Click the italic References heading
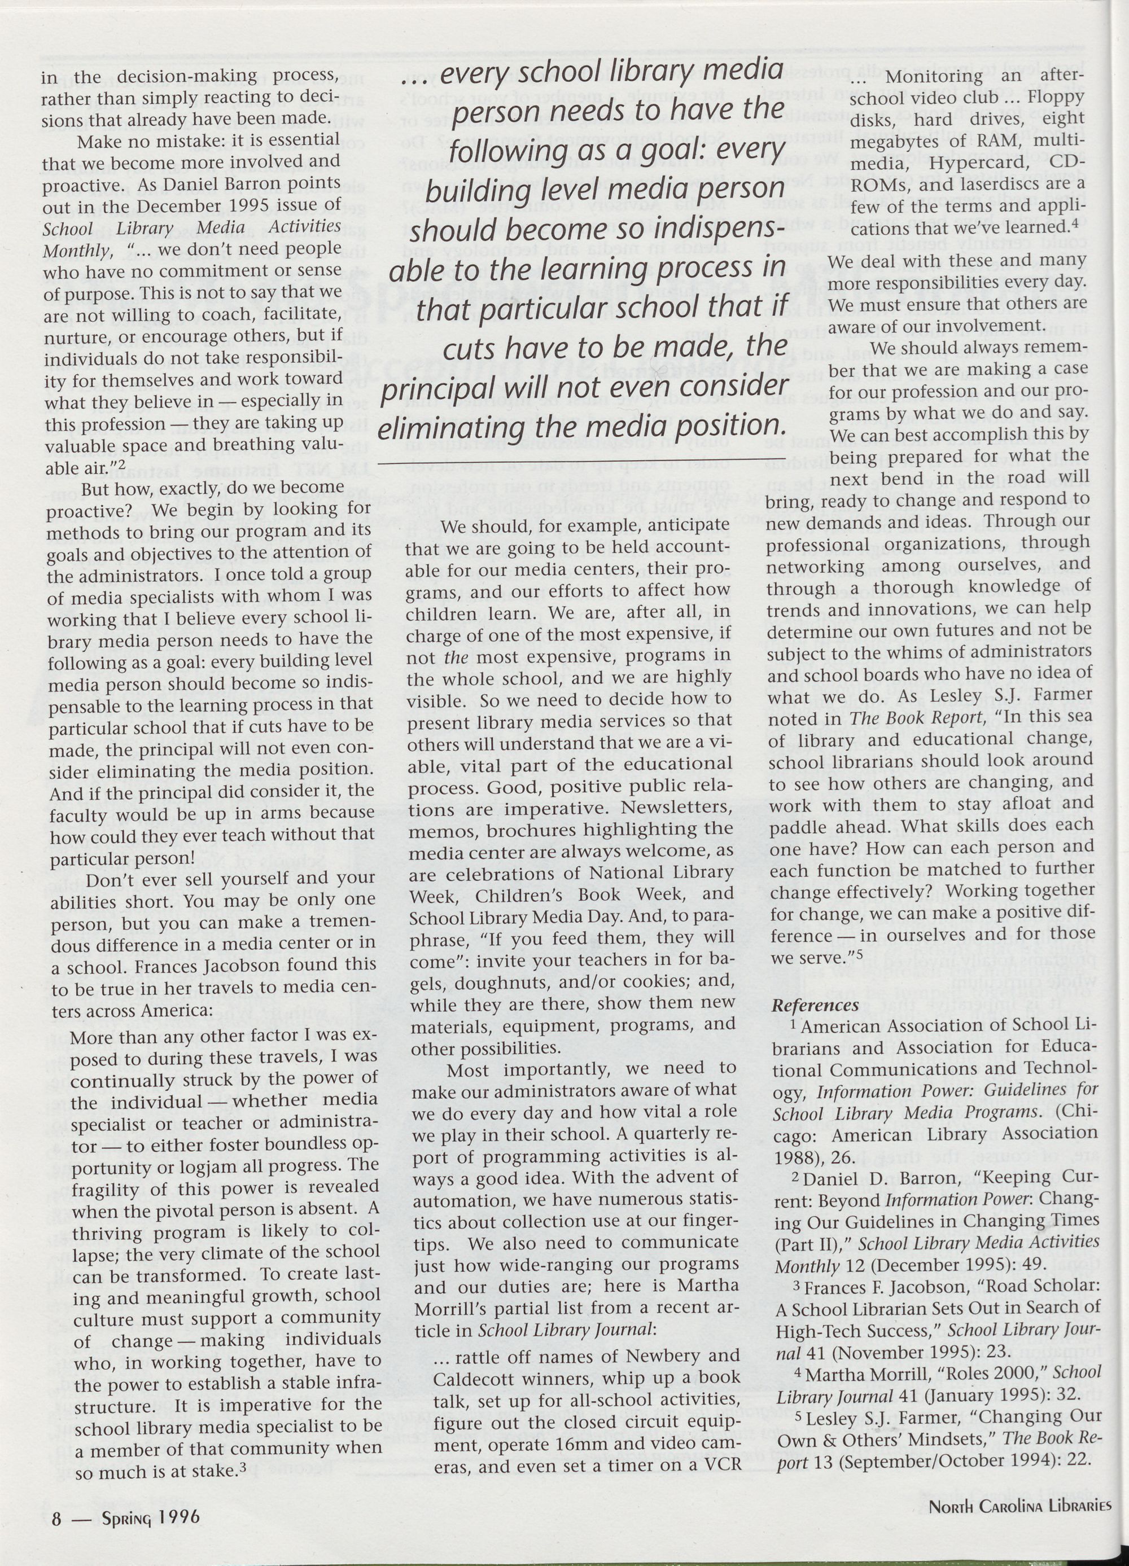pyautogui.click(x=815, y=1004)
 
